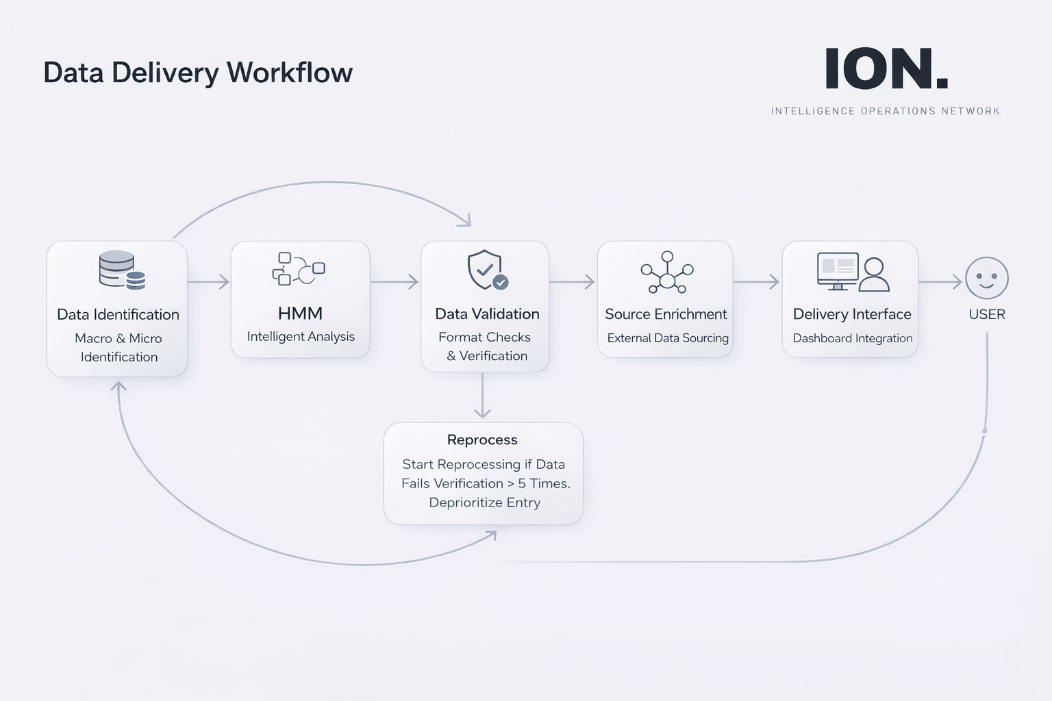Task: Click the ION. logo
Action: point(886,69)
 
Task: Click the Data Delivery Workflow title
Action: point(198,73)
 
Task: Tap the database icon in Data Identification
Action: point(122,270)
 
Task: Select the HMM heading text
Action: point(300,314)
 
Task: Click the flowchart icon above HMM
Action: point(299,268)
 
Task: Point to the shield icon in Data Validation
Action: point(487,270)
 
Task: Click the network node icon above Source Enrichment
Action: point(667,271)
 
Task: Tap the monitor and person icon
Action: point(853,272)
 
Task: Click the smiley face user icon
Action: point(986,278)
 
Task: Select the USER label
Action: point(987,314)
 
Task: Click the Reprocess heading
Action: point(482,439)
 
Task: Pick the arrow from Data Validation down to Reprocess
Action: point(483,396)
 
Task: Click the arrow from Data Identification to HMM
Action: point(208,281)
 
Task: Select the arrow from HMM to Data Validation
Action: point(394,281)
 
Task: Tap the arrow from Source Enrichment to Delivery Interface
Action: point(757,281)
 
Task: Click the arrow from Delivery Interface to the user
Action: point(940,281)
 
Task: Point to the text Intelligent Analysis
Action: point(301,336)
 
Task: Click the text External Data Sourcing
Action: point(668,337)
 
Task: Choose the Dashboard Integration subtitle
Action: point(853,338)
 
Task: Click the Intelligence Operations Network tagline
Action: point(886,111)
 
